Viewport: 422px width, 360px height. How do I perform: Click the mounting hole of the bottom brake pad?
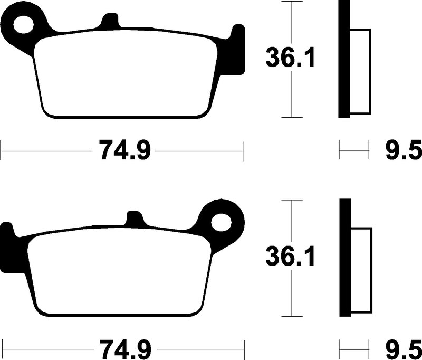[x=221, y=223]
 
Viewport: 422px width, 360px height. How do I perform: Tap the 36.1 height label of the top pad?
[x=290, y=58]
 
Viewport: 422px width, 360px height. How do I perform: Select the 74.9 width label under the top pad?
[x=124, y=150]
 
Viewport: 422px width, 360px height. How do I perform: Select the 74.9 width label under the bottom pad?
[x=126, y=349]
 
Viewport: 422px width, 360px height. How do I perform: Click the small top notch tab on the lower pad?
[x=135, y=219]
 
